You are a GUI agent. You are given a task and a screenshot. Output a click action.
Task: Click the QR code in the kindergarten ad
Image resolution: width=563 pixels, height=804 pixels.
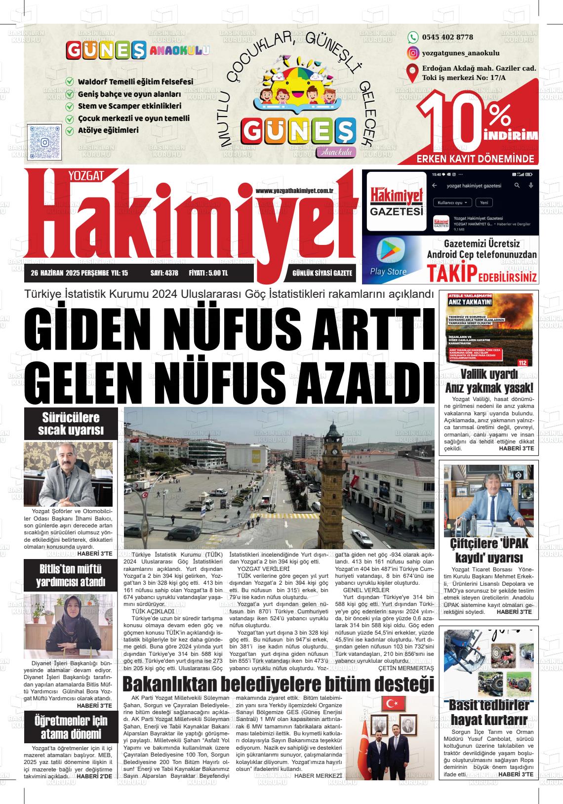tap(45, 142)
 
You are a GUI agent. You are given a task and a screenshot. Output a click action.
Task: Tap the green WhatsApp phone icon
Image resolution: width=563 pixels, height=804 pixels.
tap(412, 37)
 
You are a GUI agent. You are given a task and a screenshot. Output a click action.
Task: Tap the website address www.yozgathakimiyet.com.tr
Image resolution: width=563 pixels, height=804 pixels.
tap(295, 191)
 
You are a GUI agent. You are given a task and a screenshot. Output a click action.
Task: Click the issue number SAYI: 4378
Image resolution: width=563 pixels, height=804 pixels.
tap(164, 273)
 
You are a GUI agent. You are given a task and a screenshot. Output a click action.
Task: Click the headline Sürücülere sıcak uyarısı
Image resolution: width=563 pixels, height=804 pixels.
tap(71, 424)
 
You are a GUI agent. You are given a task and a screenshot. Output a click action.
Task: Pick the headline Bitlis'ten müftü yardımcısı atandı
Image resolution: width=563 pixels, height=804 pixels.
tap(71, 575)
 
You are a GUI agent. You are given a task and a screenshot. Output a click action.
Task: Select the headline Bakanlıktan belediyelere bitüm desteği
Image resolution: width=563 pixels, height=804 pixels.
tap(278, 684)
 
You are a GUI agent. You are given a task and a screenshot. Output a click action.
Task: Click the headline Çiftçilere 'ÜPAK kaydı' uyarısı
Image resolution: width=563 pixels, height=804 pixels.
tap(488, 551)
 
